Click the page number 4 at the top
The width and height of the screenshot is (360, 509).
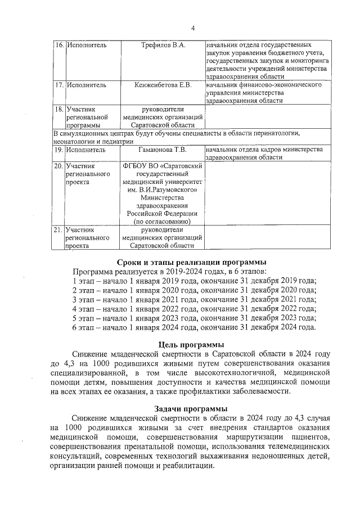192,28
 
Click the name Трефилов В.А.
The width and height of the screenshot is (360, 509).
163,44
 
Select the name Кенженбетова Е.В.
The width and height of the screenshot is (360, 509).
163,85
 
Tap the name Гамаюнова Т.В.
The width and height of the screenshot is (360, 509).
163,150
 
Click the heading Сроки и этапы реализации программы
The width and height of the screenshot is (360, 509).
191,262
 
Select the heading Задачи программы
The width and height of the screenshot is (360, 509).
191,408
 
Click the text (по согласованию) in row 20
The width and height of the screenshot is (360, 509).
163,222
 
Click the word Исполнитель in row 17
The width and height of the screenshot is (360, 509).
85,85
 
